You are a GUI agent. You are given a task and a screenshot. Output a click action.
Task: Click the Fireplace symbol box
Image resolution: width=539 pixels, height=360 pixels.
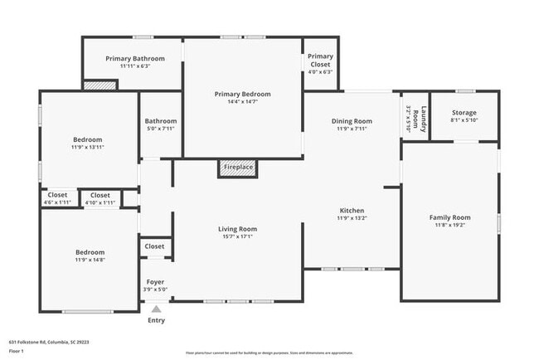(x=238, y=168)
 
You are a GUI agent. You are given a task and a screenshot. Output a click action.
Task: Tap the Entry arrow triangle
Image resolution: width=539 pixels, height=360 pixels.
(x=156, y=309)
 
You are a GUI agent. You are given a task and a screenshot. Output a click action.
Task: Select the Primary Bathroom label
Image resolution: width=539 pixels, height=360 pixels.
(x=135, y=59)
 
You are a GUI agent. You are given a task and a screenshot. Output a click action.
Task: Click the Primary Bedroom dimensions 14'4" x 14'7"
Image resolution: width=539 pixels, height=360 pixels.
(x=242, y=102)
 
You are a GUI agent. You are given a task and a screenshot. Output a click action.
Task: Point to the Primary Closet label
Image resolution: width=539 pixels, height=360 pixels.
(x=320, y=61)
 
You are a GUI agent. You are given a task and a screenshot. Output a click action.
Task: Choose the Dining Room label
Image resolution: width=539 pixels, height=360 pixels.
(x=352, y=121)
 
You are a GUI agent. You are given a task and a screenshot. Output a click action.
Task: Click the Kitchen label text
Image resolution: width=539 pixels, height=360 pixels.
(x=352, y=211)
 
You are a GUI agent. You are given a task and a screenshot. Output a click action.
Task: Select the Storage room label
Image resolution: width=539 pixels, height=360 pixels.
(x=464, y=113)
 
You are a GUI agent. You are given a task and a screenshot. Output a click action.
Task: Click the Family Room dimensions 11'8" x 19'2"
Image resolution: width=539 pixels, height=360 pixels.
(x=449, y=226)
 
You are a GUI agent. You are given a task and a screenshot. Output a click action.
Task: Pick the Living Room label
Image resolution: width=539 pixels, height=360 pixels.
(x=237, y=229)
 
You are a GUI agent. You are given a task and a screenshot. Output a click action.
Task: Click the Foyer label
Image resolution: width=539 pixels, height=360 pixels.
(x=155, y=282)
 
